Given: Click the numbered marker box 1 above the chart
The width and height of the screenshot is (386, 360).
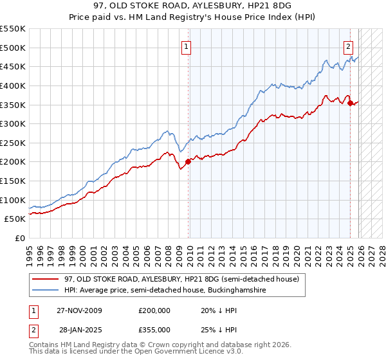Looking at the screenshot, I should click(x=186, y=46).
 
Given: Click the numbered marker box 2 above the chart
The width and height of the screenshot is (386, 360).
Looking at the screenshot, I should click(x=348, y=46).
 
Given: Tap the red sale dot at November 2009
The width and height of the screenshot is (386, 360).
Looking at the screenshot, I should click(x=188, y=162).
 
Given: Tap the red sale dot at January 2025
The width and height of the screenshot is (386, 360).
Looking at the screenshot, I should click(x=350, y=103).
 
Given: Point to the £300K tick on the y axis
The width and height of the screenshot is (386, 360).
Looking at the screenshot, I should click(x=14, y=123).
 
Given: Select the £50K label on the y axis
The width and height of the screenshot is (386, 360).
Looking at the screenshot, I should click(x=15, y=219).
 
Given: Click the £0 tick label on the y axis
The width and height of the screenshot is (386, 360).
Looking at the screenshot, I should click(x=21, y=238).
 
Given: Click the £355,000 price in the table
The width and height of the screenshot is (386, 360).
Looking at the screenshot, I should click(x=154, y=330).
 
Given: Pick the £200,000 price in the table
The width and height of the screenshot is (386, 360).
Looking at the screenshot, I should click(x=154, y=310).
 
